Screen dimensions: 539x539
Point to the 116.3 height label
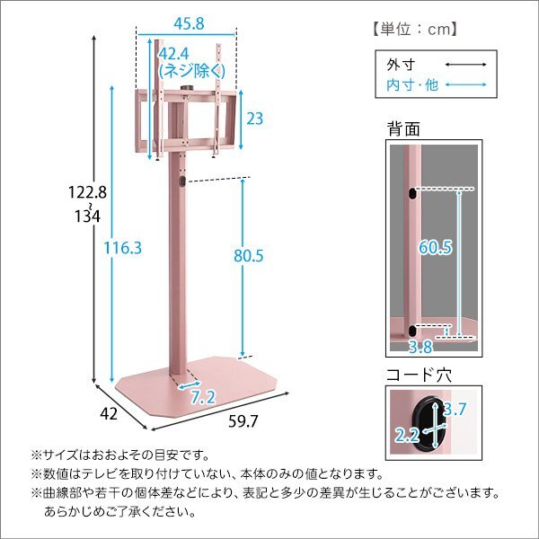pos(123,248)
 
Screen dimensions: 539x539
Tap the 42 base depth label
pos(108,415)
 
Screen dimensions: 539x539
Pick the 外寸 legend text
pos(396,66)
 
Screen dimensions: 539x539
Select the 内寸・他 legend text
pos(405,84)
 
